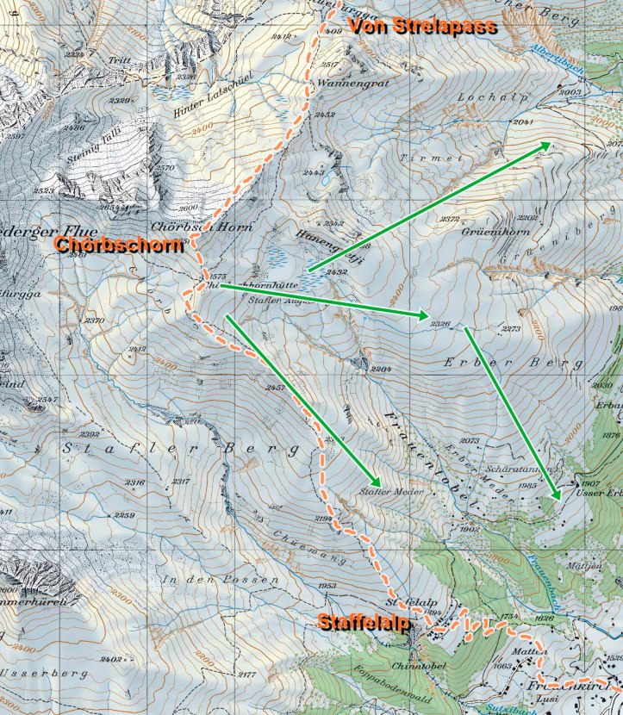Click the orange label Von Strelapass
click(422, 26)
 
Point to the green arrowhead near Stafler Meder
click(376, 481)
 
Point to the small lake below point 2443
click(327, 182)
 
